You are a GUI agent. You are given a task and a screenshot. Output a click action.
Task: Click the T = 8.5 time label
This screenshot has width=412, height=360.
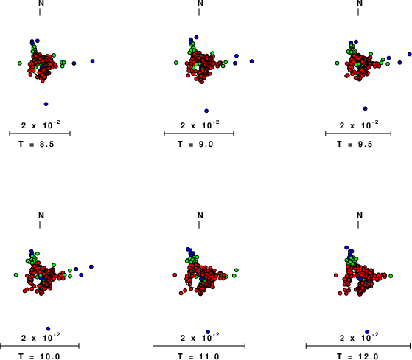pos(36,144)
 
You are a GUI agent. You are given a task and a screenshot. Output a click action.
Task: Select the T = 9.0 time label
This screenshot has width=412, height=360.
pos(195,144)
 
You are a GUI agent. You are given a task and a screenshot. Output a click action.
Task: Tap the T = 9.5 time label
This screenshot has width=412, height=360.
pos(355,144)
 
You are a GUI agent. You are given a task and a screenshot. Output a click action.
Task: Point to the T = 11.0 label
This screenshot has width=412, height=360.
pos(198,356)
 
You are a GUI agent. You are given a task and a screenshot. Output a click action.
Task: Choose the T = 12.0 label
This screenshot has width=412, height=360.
pos(357,356)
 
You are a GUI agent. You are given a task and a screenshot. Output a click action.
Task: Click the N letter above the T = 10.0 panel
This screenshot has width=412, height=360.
pos(41,215)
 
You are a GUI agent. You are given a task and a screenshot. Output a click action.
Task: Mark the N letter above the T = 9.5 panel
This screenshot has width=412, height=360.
pos(360,3)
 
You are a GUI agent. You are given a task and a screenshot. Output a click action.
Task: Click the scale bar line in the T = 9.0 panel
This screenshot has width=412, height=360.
pos(199,134)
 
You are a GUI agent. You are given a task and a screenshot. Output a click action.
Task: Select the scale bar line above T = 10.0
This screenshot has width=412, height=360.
pos(40,346)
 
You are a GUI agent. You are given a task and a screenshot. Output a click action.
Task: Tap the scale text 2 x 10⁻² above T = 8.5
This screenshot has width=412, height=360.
pos(41,125)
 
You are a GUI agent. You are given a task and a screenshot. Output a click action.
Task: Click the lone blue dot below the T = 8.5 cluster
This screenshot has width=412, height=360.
pos(46,104)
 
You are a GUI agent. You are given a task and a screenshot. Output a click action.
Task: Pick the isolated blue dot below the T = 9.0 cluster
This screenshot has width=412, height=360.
pos(206,111)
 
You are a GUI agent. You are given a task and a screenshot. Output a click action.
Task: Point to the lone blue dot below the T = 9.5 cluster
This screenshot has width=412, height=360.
pos(366,108)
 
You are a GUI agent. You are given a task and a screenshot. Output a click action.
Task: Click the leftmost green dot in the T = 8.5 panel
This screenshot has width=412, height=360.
pos(20,63)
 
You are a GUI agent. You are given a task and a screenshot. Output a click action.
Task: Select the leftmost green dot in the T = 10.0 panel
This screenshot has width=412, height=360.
pos(16,275)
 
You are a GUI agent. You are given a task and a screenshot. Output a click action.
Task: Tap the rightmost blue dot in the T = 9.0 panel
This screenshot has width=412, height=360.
pos(252,61)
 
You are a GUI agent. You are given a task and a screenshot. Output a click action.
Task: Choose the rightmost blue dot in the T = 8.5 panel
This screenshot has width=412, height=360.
pos(92,61)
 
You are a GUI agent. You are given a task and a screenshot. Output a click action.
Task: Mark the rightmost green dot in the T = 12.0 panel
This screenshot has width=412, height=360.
pos(391,276)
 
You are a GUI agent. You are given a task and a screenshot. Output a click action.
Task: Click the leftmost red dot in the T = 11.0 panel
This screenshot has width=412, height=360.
pos(175,275)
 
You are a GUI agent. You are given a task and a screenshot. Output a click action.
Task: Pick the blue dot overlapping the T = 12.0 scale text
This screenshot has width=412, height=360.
pos(367,332)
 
